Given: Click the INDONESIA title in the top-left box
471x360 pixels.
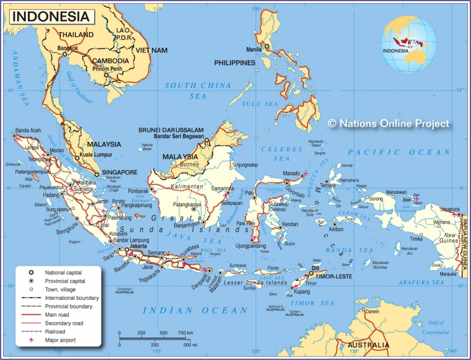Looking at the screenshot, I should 51,16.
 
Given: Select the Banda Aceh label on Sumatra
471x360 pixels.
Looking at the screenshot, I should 28,130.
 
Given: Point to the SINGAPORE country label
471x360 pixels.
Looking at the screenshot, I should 120,172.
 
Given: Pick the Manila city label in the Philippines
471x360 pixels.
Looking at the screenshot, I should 254,49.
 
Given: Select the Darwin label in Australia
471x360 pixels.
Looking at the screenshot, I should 372,312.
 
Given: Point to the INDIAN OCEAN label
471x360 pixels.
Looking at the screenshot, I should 204,310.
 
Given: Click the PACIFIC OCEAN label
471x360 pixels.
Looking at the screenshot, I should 399,152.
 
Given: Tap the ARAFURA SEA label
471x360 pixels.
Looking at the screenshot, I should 421,283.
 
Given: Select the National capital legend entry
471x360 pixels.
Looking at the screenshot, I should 63,272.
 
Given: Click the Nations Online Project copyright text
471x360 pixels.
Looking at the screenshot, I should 389,123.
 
